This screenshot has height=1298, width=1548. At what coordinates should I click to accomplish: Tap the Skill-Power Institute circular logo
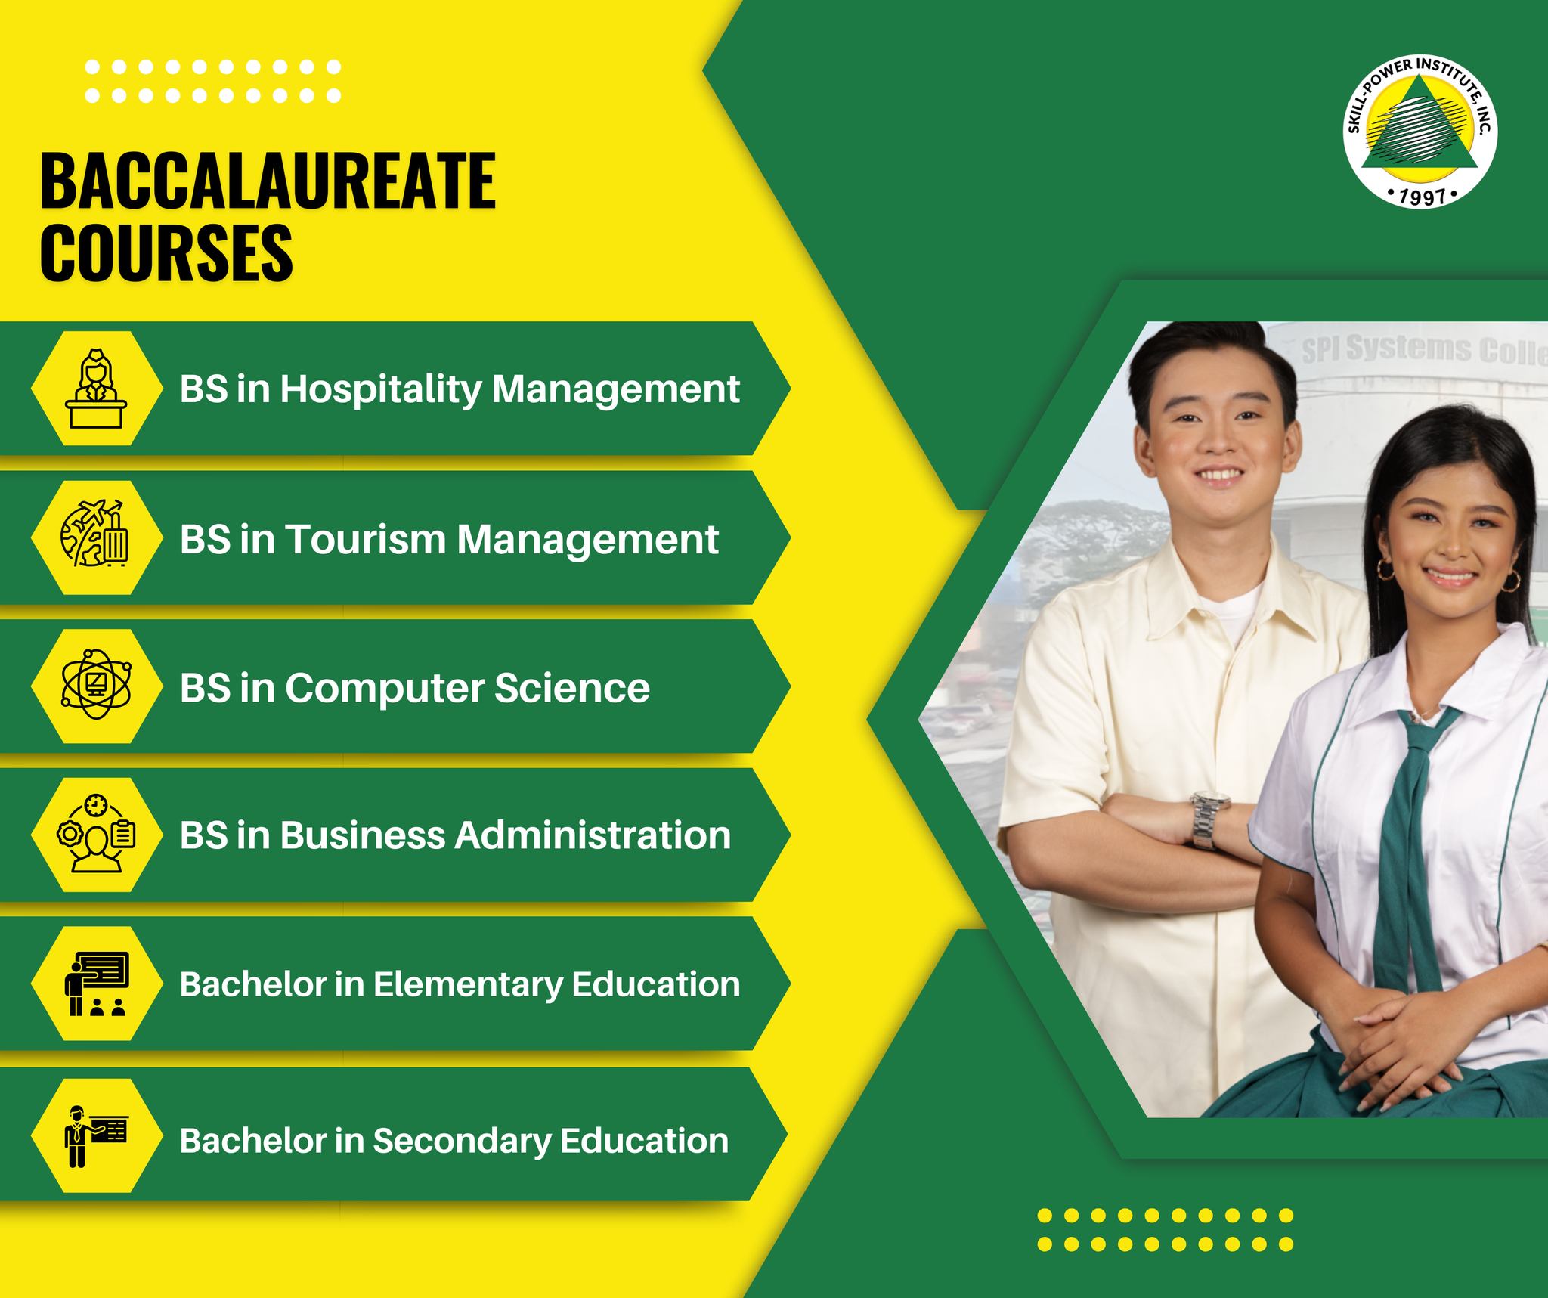1421,135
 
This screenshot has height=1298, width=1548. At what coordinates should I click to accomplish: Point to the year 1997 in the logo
1422,197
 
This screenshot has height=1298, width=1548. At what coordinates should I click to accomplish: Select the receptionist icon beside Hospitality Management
97,388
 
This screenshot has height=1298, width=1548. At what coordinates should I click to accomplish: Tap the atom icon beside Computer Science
97,686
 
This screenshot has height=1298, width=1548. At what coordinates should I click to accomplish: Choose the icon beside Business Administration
97,834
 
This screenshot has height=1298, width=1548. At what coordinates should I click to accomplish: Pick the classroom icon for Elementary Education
97,983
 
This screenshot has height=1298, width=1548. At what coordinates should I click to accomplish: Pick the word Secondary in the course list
461,1141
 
